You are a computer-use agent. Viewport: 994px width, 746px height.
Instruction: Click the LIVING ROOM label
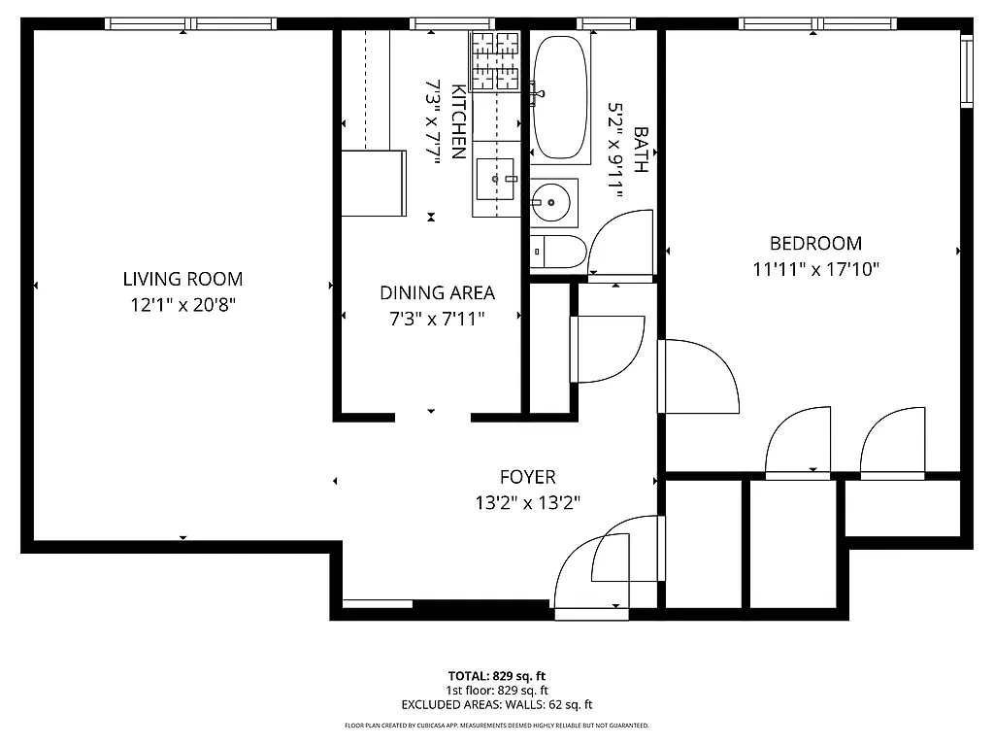click(182, 279)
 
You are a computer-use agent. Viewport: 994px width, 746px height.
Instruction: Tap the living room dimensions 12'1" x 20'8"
click(182, 304)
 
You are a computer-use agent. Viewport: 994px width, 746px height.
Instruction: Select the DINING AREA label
click(437, 292)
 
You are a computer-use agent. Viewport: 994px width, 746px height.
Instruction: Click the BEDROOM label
click(815, 244)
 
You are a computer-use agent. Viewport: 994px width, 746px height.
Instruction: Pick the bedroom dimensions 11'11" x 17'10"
click(815, 269)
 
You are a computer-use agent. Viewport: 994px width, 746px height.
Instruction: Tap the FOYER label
click(527, 477)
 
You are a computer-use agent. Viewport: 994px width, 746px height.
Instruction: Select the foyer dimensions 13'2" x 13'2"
click(527, 502)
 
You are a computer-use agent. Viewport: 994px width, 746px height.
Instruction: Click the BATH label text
click(640, 149)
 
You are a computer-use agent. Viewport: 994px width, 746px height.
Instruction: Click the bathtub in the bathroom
click(560, 98)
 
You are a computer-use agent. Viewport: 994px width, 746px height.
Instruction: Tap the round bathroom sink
click(552, 202)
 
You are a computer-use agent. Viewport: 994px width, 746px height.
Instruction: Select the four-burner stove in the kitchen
click(495, 60)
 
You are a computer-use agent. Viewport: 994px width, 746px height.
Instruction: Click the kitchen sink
click(500, 179)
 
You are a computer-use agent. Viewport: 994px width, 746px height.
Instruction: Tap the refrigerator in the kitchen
click(373, 184)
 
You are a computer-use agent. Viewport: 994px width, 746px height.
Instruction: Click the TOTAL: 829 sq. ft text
click(496, 675)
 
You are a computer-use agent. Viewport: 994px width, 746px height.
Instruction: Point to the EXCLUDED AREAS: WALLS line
click(496, 704)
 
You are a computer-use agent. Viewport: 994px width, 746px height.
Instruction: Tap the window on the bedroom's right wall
click(966, 70)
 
